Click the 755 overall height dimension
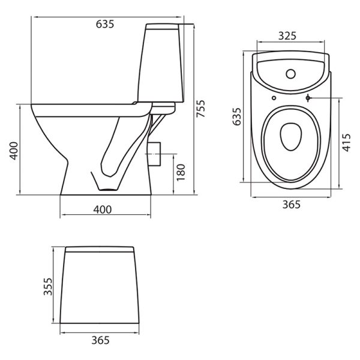(200, 109)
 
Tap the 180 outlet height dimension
(181, 172)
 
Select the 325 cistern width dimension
(287, 36)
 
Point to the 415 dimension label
(346, 143)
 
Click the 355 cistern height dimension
(48, 287)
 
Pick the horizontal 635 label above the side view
(105, 24)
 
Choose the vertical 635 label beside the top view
(237, 116)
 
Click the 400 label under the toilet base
(103, 209)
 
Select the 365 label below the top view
(292, 205)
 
